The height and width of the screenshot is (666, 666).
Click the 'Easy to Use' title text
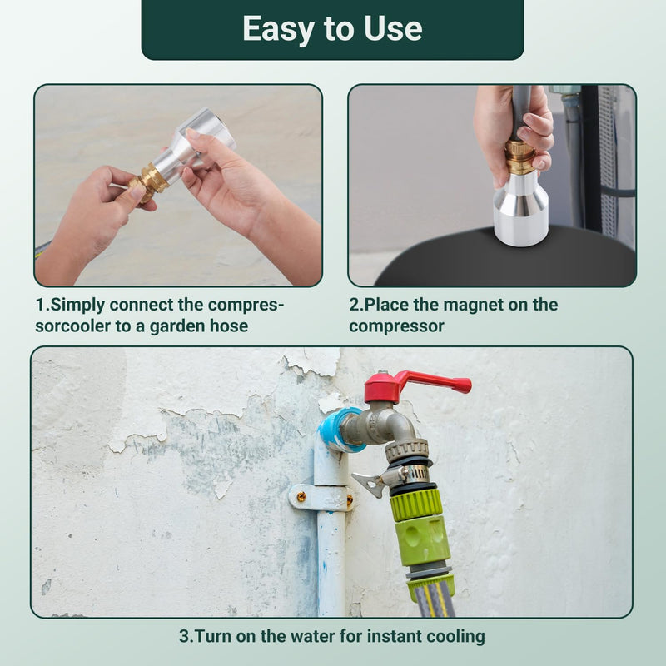coord(332,29)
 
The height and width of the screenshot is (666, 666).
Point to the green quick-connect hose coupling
coord(420,528)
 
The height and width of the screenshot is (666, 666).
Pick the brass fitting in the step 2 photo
coord(519,157)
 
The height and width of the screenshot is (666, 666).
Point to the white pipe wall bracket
coord(321,497)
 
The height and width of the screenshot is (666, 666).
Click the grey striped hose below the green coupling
coord(434,598)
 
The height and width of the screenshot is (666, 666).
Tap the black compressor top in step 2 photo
coord(505,258)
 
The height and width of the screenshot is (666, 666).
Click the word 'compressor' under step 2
coord(397,326)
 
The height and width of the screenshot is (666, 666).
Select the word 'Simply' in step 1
coord(77,305)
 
